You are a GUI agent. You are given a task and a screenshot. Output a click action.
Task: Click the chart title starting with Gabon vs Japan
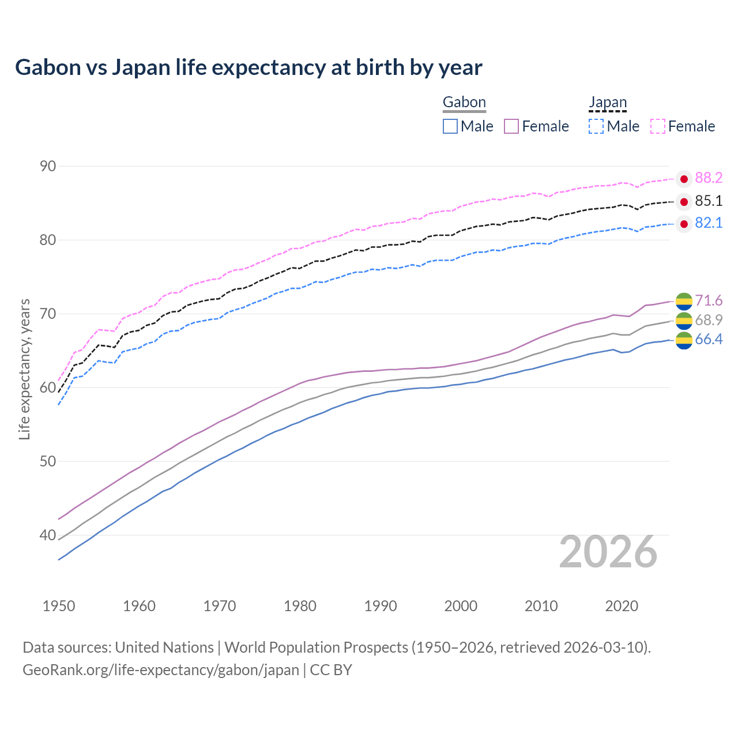[248, 67]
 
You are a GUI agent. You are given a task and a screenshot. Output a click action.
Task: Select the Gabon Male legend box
[450, 126]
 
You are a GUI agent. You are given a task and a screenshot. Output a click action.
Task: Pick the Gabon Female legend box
[511, 126]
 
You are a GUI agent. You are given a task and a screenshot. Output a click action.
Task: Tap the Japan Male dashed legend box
[596, 126]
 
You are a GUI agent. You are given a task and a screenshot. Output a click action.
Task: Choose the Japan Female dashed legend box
[658, 126]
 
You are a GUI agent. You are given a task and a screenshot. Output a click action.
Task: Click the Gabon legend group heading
[464, 103]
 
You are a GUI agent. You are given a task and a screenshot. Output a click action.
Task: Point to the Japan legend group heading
[608, 103]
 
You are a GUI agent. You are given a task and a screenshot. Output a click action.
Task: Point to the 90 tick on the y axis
[48, 167]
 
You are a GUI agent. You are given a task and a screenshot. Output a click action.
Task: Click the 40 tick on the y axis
[48, 536]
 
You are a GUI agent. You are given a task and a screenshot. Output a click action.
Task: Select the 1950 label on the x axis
[59, 606]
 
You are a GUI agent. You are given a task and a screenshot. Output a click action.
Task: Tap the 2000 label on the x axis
[461, 606]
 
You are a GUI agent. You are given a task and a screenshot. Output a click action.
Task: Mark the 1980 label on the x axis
[300, 606]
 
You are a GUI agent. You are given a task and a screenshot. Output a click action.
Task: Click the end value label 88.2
[709, 178]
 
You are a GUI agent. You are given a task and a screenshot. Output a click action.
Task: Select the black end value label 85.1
[709, 201]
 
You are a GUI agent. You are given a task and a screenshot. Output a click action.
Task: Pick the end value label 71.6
[709, 300]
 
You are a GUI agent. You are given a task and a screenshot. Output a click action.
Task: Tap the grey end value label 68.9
[709, 320]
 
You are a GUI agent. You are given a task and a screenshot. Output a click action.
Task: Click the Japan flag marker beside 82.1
[684, 224]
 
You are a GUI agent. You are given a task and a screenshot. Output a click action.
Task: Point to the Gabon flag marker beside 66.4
[684, 340]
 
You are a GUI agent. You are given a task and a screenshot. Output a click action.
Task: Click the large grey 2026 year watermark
[608, 552]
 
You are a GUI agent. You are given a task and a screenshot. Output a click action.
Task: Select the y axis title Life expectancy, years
[24, 369]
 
